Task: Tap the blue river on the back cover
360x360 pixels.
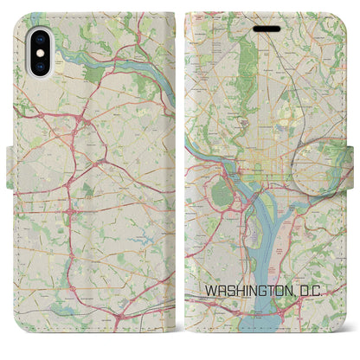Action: click(104, 65)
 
